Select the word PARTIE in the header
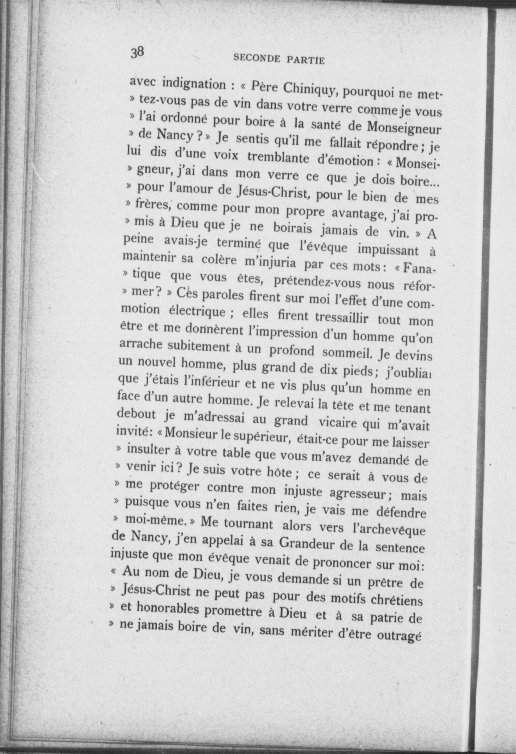click(x=307, y=61)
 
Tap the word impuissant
click(x=388, y=250)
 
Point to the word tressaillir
click(x=342, y=318)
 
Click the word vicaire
click(x=338, y=423)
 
